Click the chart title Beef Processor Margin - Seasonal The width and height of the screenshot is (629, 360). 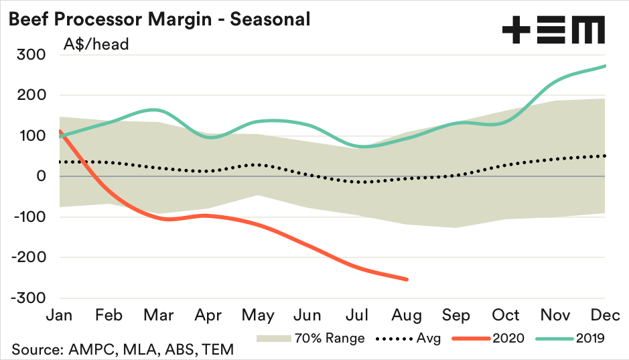point(159,19)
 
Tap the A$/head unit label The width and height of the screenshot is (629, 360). point(96,45)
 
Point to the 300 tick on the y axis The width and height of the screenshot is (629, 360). point(31,54)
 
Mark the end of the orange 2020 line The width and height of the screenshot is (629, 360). point(407,280)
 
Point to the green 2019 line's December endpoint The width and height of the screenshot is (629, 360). point(606,66)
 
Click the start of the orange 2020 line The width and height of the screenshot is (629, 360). point(60,131)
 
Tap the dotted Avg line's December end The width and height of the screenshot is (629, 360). point(606,156)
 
